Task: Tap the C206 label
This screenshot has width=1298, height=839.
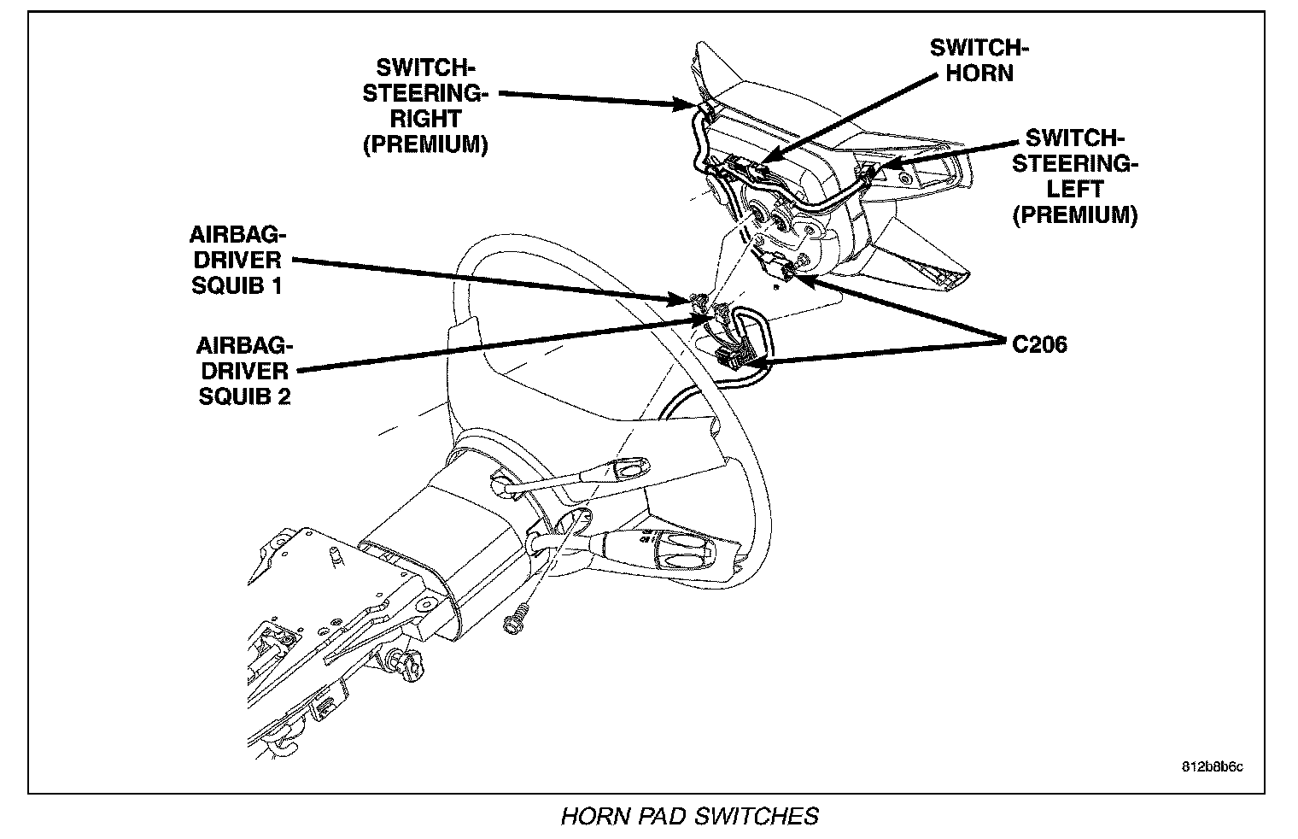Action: point(1039,345)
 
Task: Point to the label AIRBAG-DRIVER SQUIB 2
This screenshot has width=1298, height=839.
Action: point(244,371)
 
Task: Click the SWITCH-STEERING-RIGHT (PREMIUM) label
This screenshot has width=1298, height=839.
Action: point(425,106)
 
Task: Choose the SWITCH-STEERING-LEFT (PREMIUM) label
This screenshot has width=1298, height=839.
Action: point(1075,176)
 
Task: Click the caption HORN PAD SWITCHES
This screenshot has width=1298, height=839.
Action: point(688,816)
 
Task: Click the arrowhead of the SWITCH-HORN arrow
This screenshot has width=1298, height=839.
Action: point(763,159)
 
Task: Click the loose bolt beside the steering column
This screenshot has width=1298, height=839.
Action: point(515,621)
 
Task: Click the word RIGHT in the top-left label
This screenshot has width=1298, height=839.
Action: point(425,119)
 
